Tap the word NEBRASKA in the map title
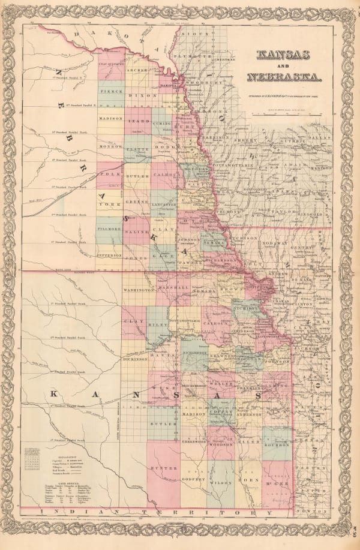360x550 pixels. click(284, 77)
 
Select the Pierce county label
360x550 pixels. click(111, 92)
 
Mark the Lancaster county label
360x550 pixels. click(164, 205)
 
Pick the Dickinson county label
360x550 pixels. click(134, 359)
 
